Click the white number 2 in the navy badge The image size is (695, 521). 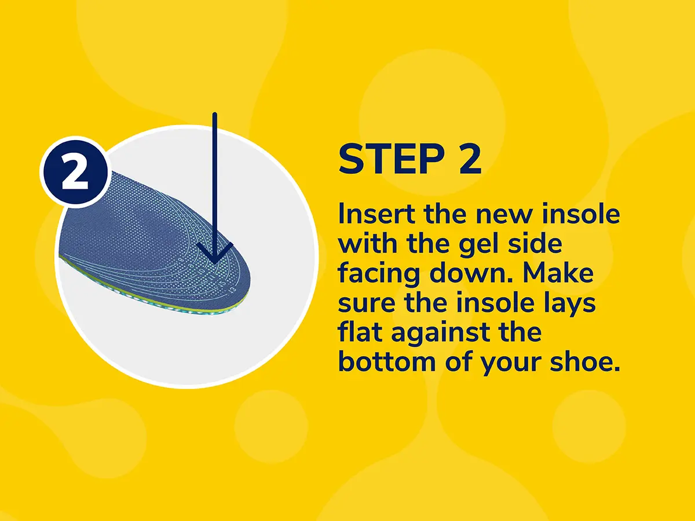[75, 173]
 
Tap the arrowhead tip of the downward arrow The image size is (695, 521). [215, 264]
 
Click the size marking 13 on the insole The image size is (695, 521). [233, 289]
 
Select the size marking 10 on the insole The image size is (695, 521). [201, 271]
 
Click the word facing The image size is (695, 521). [379, 274]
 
